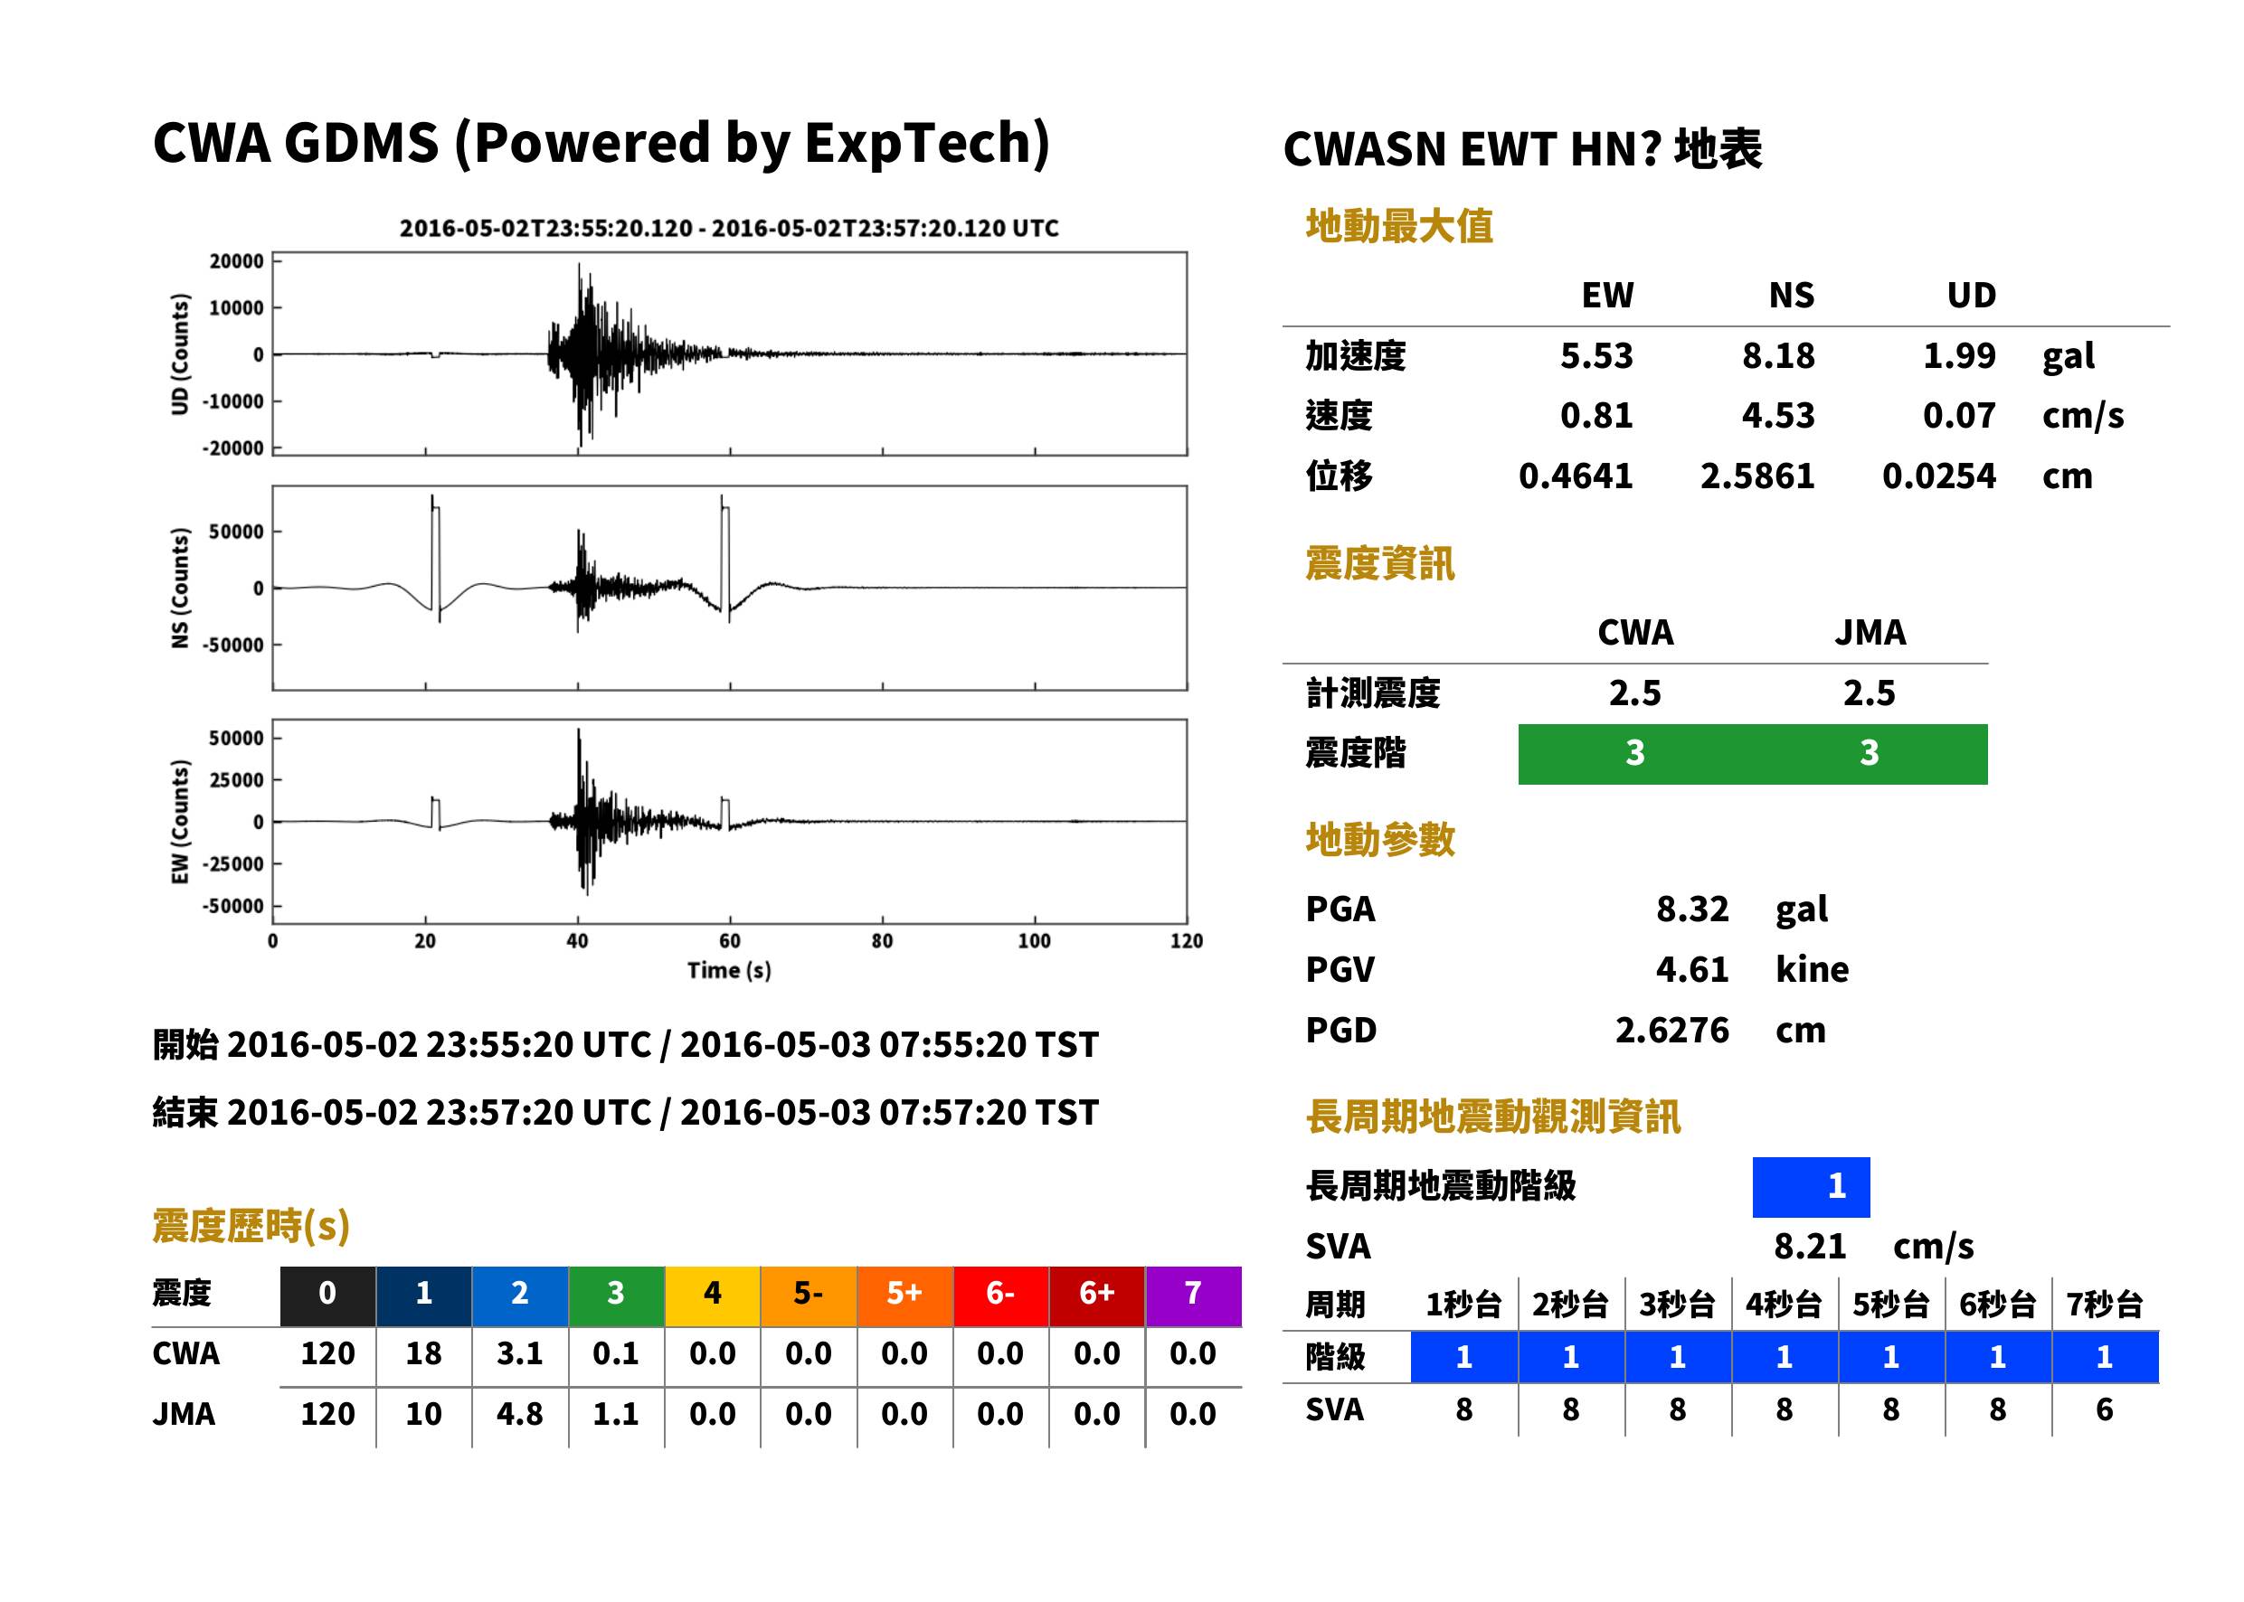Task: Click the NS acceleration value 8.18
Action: pos(1777,356)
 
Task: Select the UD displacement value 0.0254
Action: pos(1938,476)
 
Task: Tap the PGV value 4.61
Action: pos(1691,970)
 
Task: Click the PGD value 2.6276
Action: pos(1671,1031)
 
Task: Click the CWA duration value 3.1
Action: pos(520,1353)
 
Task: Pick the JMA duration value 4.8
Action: pos(520,1415)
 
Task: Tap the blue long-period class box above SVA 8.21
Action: pos(1811,1187)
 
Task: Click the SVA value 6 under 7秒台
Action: pos(2104,1410)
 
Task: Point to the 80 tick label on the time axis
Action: pos(882,941)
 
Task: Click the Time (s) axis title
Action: pos(729,971)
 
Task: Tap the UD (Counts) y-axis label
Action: pos(180,354)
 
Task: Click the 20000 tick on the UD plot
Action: pos(237,261)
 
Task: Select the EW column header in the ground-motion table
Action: pos(1607,296)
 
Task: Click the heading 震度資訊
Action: pos(1379,564)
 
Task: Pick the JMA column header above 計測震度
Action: pos(1870,632)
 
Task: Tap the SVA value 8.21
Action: pos(1810,1247)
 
